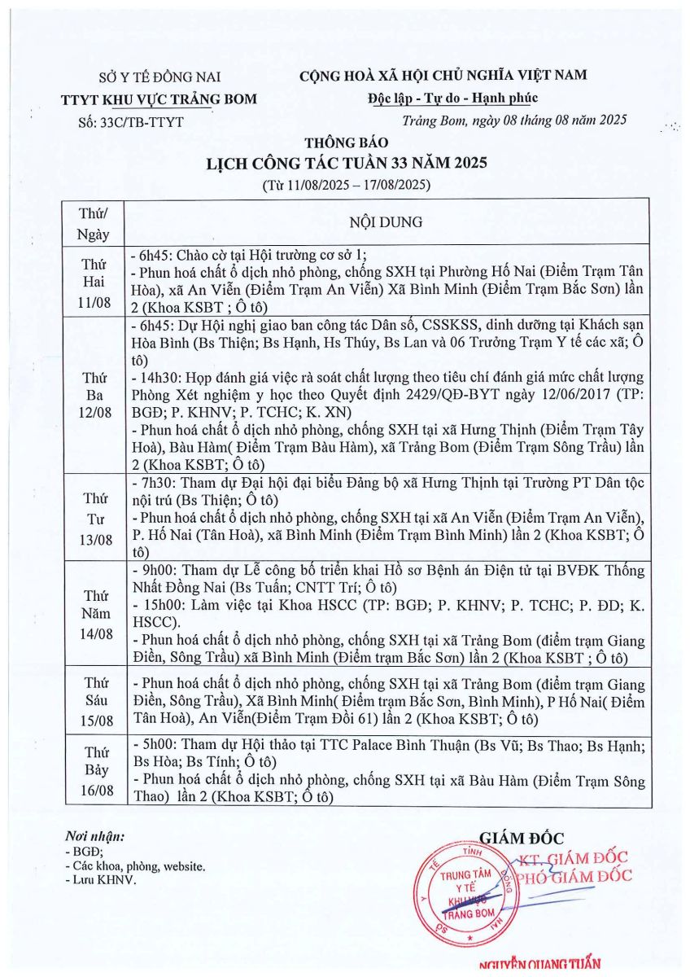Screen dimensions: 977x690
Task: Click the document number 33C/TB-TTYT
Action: [129, 122]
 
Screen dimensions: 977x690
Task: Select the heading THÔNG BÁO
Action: [346, 143]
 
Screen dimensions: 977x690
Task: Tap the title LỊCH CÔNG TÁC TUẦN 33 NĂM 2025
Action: [346, 163]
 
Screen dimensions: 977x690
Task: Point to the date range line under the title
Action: [346, 184]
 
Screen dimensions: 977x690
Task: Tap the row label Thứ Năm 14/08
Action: [94, 611]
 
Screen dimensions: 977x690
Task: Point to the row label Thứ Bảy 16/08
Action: [94, 770]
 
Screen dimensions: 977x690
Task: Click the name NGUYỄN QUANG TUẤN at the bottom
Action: [541, 966]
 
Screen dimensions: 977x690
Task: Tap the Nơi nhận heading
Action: [95, 836]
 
